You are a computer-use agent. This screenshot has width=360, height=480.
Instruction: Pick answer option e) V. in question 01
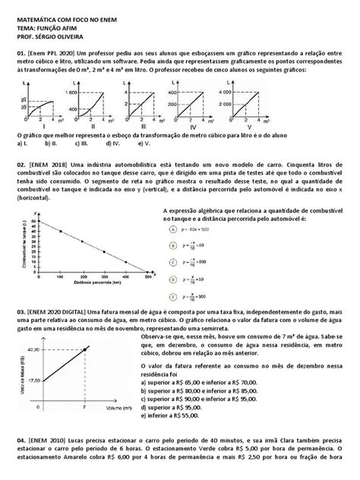(x=140, y=143)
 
